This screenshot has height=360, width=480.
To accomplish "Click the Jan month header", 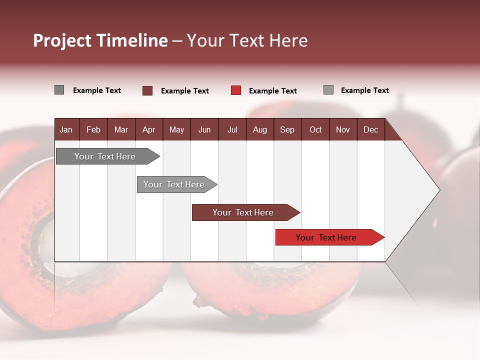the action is coord(66,130).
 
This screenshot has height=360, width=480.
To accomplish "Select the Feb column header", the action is coord(93,130).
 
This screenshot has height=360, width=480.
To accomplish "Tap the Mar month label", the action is coord(121,130).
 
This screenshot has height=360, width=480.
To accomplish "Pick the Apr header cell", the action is coord(149,130).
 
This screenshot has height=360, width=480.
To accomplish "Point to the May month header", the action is coord(176,130).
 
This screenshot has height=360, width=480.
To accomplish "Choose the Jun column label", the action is coord(204,130).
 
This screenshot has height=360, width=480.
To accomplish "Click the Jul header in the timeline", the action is coord(232,130).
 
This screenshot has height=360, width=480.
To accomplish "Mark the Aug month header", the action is coord(260,130).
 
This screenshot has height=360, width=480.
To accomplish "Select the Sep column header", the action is coord(287,130).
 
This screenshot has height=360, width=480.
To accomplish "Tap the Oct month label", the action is coord(315,130).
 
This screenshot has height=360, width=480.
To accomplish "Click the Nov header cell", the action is coord(343,130).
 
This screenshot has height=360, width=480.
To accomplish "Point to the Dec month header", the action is coord(370,130).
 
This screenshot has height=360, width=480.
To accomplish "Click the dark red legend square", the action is coord(147,90).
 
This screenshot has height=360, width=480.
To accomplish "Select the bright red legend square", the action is coord(236,90).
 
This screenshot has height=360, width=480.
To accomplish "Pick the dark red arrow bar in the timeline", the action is coord(246,212).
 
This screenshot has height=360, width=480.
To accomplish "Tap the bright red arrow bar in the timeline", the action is coord(330,237).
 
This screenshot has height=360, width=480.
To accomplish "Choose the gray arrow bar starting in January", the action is coord(108,156).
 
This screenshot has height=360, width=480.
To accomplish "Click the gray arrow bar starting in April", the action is coord(177,184).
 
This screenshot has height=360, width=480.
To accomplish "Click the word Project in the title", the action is coord(62,40).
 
